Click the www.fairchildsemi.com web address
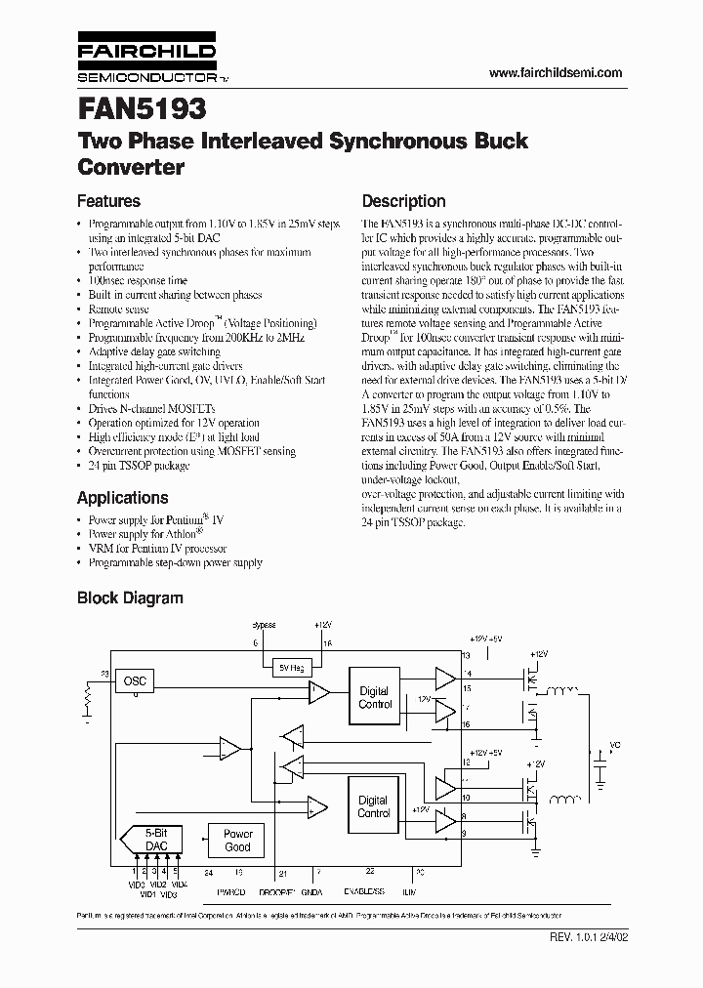coord(555,73)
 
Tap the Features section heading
coord(108,202)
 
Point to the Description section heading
coord(404,202)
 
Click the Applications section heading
coord(122,498)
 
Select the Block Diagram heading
coord(130,597)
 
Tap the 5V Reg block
coord(291,666)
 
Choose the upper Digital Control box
coord(374,697)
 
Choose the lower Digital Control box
coord(374,806)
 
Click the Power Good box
coord(237,841)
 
